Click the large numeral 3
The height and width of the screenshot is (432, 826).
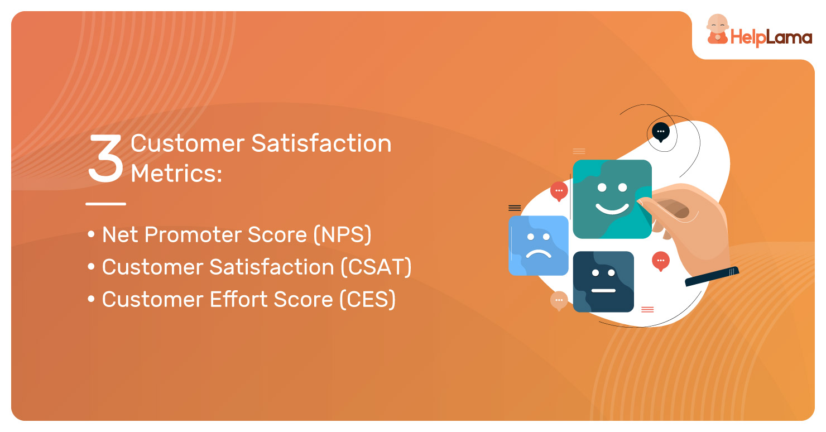(105, 158)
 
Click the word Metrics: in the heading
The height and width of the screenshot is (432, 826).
(176, 173)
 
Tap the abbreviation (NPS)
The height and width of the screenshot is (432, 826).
(343, 234)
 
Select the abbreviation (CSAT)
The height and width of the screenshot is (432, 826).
(376, 267)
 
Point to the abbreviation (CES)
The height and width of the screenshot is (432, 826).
(367, 299)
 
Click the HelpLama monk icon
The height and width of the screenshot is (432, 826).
(717, 30)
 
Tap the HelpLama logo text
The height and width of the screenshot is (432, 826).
(771, 37)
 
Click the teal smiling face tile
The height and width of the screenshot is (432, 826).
(612, 199)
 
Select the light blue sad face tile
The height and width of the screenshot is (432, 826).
(539, 246)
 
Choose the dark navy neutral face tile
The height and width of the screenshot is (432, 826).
(604, 282)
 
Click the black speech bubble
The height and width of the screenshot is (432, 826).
(660, 132)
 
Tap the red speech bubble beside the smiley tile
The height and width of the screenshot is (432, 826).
(559, 191)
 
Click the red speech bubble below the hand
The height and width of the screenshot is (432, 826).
(661, 261)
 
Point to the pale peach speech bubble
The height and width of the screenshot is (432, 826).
(559, 300)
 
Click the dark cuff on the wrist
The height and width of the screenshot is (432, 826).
(712, 276)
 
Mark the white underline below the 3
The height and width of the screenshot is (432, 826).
(106, 204)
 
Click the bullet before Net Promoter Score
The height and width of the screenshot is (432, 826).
(91, 234)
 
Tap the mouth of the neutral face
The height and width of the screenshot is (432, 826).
(604, 291)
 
